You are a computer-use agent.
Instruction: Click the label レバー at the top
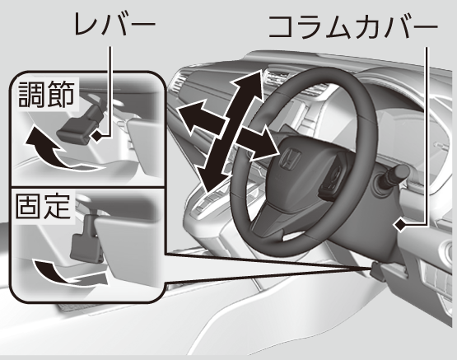tap(115, 25)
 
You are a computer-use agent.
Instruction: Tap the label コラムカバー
tap(353, 27)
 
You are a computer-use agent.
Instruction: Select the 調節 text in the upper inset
tap(46, 94)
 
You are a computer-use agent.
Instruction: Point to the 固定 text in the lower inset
tap(43, 206)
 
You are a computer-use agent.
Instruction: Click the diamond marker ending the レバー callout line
tap(97, 136)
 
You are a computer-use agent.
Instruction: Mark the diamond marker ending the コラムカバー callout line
tap(401, 224)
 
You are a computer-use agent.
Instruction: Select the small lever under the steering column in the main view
tap(375, 269)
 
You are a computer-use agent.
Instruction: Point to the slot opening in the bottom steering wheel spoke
tap(293, 236)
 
